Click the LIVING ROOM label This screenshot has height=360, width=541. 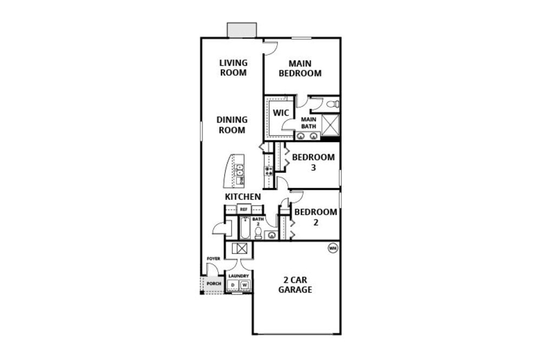pos(233,68)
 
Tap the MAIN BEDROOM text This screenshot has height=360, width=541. pos(300,68)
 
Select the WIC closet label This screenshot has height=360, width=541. pos(281,113)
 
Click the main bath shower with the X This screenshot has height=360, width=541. pos(330,124)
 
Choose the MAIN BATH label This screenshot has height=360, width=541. pos(308,123)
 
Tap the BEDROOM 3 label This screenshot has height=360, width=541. pos(313,162)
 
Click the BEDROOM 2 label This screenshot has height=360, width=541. pos(315,217)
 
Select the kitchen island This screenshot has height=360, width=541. pos(235,171)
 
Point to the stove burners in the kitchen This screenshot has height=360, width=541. pos(268,171)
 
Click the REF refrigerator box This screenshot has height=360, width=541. pos(243,209)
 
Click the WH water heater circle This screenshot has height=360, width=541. pos(332,248)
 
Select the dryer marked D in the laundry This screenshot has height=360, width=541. pos(233,285)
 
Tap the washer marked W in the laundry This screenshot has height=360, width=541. pos(245,285)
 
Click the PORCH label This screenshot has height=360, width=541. pos(214,284)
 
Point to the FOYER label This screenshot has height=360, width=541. pos(213,259)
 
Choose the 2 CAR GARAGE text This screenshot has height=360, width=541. pos(295,285)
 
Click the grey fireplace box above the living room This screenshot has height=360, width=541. pos(241,30)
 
